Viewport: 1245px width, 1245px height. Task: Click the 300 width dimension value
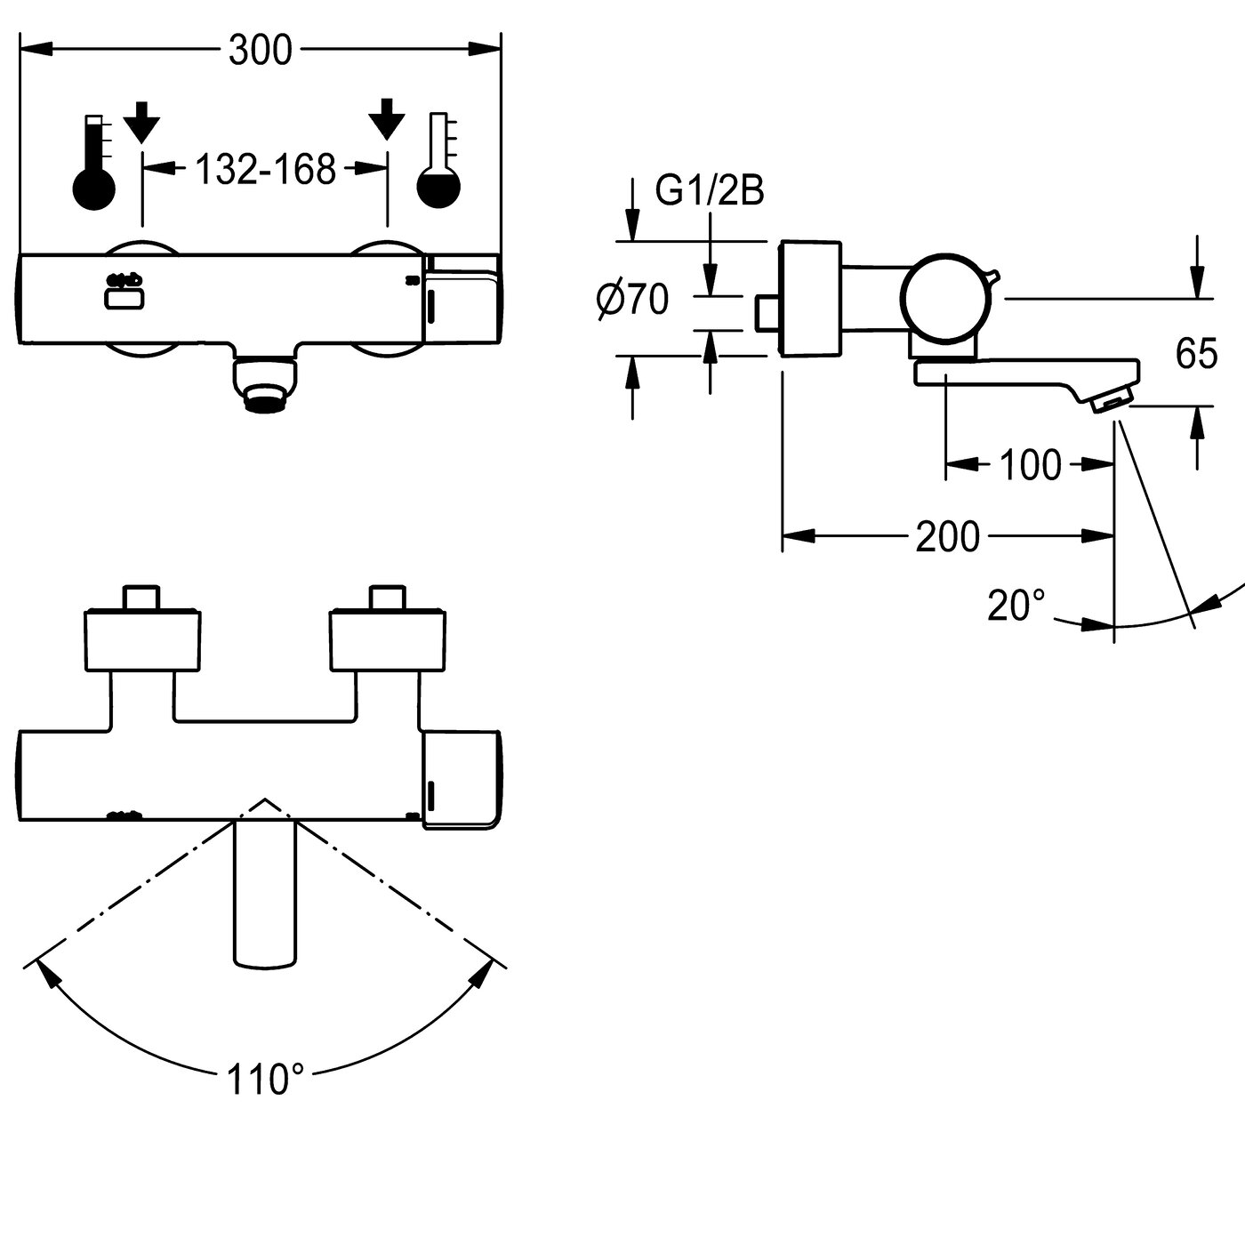[x=261, y=51]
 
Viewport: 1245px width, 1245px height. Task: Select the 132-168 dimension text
[x=266, y=169]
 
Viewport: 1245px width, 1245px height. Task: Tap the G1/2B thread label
[x=710, y=190]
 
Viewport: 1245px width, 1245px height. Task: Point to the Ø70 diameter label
[x=632, y=300]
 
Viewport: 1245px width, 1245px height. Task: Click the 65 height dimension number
[x=1197, y=353]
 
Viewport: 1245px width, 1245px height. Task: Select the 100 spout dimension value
[x=1031, y=464]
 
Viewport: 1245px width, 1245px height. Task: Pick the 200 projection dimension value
[x=948, y=536]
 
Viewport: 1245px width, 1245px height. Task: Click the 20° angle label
[x=1016, y=606]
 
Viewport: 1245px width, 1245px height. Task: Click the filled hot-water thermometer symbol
[x=94, y=163]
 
